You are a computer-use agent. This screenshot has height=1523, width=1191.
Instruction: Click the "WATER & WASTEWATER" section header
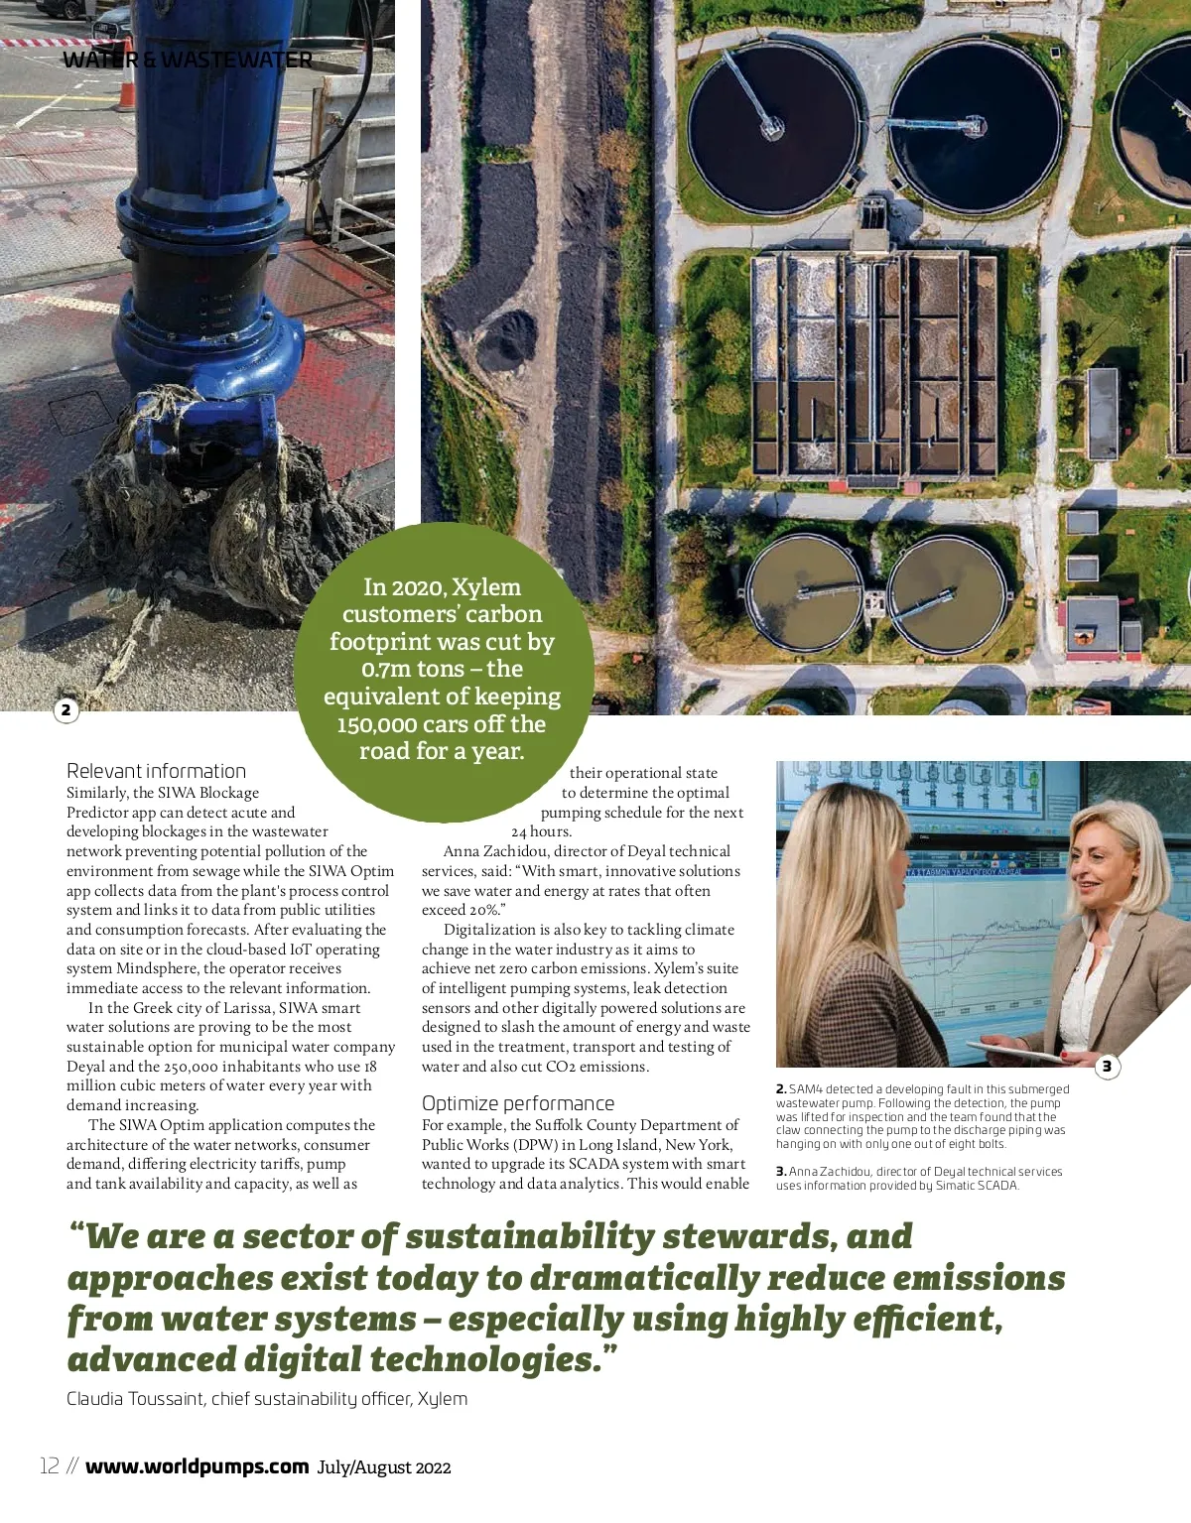click(188, 60)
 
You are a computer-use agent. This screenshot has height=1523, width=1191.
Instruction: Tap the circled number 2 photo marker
click(66, 709)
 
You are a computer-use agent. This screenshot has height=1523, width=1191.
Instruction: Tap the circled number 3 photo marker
click(1107, 1067)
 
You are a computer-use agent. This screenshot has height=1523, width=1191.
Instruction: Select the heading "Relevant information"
click(156, 771)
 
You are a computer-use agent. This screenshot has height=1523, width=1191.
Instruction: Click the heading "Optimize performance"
click(517, 1103)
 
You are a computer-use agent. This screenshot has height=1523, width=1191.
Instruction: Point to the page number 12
click(50, 1466)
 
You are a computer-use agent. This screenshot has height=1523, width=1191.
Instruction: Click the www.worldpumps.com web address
click(197, 1466)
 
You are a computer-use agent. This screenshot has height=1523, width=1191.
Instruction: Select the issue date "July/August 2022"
click(384, 1467)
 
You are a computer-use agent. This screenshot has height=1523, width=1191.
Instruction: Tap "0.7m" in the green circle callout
click(387, 670)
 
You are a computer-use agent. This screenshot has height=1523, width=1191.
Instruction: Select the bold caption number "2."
click(781, 1089)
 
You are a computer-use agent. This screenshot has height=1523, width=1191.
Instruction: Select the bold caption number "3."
click(781, 1172)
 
